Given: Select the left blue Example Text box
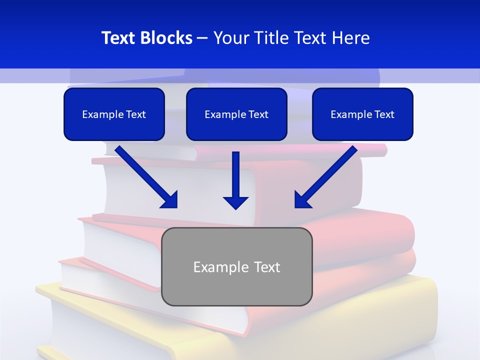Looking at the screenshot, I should pyautogui.click(x=114, y=114).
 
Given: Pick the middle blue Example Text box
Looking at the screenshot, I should pyautogui.click(x=236, y=114).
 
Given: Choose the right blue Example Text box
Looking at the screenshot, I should pyautogui.click(x=362, y=114).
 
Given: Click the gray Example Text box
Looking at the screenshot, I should pyautogui.click(x=236, y=266).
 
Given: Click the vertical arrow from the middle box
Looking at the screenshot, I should pyautogui.click(x=235, y=175).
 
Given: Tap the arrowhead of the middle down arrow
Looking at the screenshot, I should pyautogui.click(x=235, y=202).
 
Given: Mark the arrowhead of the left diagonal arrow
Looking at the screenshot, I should pyautogui.click(x=170, y=200).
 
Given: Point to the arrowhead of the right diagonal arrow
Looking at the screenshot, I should pyautogui.click(x=302, y=200).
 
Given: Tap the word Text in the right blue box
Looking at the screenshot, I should pyautogui.click(x=383, y=114).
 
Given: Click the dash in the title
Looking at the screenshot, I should pyautogui.click(x=202, y=38).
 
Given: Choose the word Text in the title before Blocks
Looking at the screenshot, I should pyautogui.click(x=119, y=38).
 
